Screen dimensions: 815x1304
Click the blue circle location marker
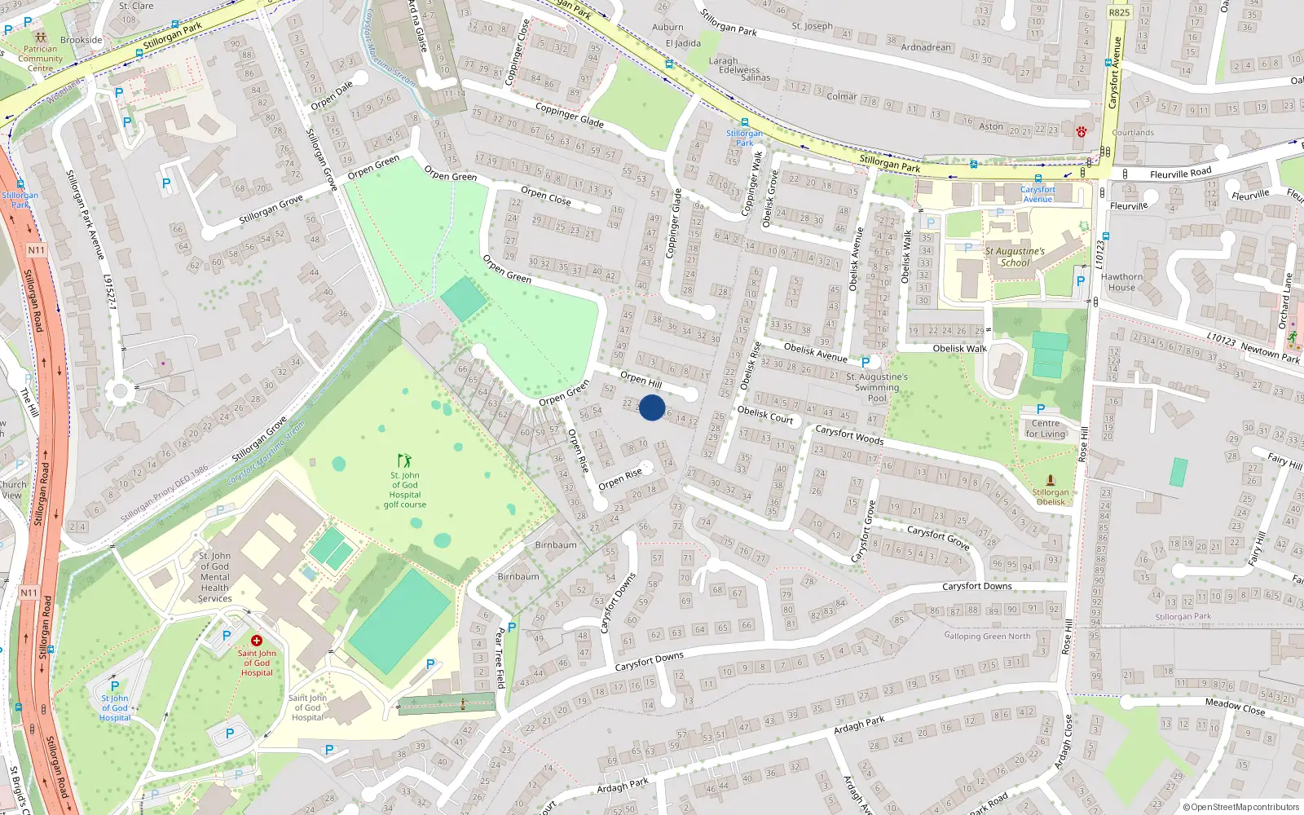click(x=652, y=407)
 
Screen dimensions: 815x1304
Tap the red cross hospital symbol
click(x=256, y=641)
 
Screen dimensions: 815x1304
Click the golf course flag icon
click(x=404, y=461)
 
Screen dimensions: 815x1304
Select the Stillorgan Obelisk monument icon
click(x=1051, y=480)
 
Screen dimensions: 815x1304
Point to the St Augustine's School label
click(x=1015, y=257)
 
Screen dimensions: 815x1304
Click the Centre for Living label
click(x=1046, y=429)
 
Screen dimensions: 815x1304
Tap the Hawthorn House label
click(x=1121, y=282)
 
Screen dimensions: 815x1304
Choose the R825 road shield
click(x=1120, y=12)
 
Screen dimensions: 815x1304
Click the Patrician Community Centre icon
click(x=41, y=37)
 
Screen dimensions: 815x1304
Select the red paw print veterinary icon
click(x=1082, y=131)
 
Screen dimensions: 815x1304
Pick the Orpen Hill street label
click(x=641, y=380)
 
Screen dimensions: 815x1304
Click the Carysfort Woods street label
click(x=849, y=435)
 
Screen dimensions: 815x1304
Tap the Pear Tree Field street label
click(x=500, y=657)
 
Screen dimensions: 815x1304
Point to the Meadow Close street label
click(x=1235, y=707)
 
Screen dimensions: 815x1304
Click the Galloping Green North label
click(x=987, y=636)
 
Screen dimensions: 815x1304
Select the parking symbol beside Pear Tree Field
click(x=512, y=628)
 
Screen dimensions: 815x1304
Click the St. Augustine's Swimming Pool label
click(x=877, y=387)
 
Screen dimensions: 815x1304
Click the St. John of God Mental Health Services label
click(x=215, y=577)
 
